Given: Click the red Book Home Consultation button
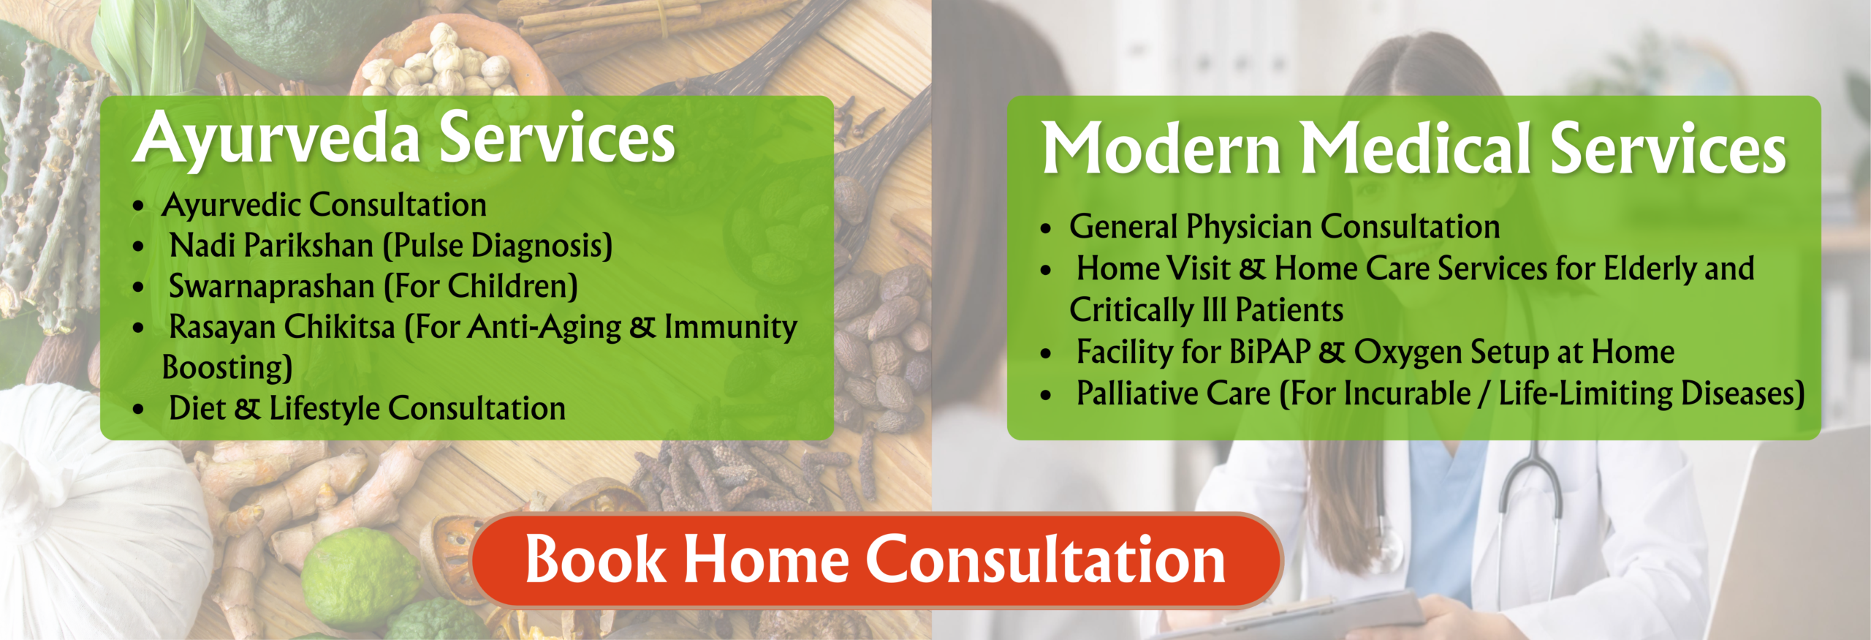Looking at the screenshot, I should [876, 560].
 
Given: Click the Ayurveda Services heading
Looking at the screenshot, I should [404, 139].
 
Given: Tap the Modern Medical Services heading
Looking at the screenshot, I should [1413, 148].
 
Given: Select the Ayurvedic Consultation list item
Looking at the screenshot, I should [324, 206].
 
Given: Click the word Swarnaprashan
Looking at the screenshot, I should [271, 287].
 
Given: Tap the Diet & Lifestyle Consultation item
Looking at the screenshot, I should [367, 409].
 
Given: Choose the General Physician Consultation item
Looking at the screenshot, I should [1284, 227].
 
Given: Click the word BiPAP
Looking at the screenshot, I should [1270, 353].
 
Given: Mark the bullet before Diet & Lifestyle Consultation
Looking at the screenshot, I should [139, 410].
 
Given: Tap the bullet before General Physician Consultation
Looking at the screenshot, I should [1046, 229].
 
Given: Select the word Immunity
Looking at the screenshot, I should [730, 327].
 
